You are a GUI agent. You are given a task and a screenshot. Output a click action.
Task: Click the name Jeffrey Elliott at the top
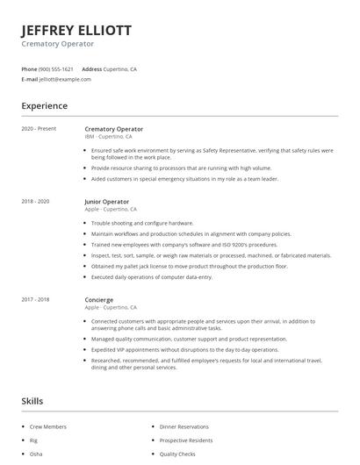pos(76,30)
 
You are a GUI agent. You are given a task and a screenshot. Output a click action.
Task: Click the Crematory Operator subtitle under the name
pos(57,44)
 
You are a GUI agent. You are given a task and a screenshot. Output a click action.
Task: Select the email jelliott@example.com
pos(65,79)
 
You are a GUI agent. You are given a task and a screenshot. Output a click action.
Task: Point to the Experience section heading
pos(44,106)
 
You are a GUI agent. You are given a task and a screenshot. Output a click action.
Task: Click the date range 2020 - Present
pos(39,129)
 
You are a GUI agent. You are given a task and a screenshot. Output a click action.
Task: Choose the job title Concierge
pos(98,299)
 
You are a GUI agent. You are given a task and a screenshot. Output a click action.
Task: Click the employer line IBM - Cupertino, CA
pos(109,137)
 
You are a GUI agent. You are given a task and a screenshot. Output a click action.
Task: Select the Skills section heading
pos(32,400)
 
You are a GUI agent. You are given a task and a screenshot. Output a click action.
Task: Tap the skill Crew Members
pos(47,426)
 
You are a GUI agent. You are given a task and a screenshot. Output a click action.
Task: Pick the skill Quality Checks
pos(176,454)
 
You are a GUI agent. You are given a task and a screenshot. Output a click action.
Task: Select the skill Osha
pos(35,454)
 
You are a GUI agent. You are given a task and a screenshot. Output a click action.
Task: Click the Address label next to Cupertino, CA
pos(92,68)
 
